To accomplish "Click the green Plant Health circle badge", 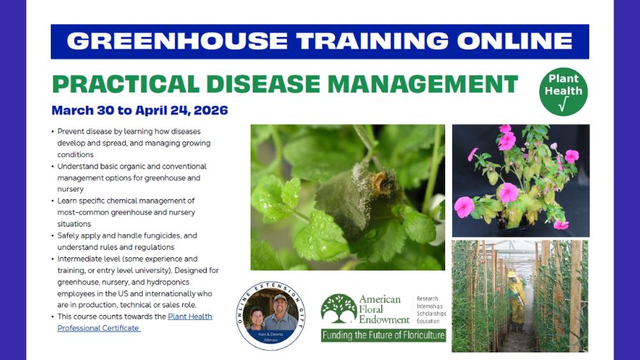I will point(563,91).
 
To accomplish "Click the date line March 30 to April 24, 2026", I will point(139,110).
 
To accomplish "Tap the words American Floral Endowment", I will point(384,309).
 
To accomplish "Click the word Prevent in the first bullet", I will point(69,131).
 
